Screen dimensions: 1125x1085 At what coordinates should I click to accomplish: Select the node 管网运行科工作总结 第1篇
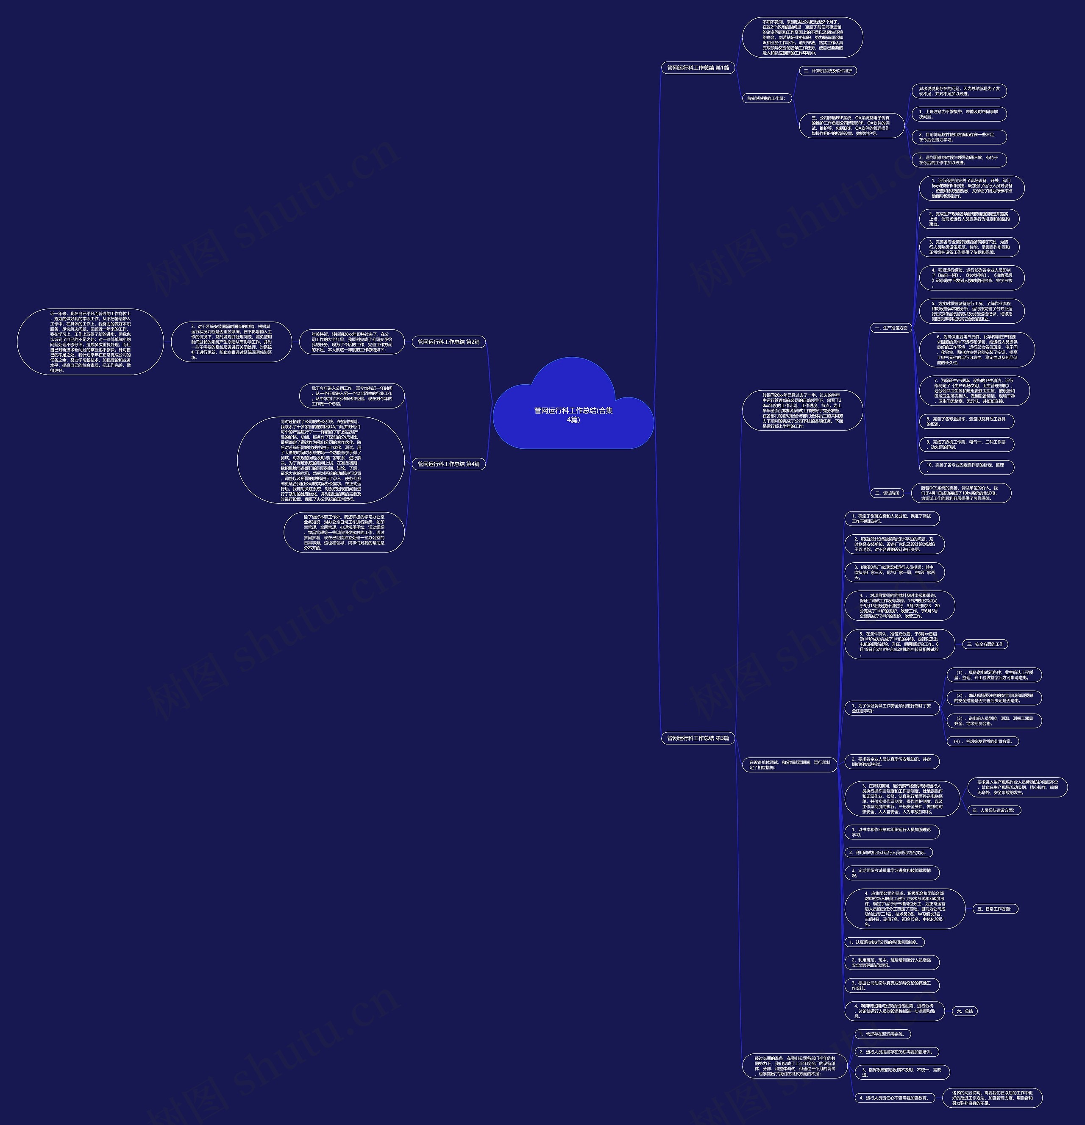(698, 68)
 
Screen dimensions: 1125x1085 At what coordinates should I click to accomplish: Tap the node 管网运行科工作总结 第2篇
(448, 342)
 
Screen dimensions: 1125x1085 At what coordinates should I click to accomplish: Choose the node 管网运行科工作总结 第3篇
(698, 738)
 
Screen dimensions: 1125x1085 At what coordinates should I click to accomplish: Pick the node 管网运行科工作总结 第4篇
(448, 464)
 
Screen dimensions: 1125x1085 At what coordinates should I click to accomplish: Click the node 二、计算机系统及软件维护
(828, 71)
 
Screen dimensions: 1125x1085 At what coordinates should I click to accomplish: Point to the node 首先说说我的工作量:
(766, 98)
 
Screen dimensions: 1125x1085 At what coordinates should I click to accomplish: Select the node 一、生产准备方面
(890, 328)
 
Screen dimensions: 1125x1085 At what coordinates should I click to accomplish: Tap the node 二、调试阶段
(887, 493)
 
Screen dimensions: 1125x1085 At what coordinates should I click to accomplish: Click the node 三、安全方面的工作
(985, 644)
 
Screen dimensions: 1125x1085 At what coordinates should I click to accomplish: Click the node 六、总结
(965, 1011)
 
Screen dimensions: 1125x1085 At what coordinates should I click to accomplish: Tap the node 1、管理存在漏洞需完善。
(882, 1034)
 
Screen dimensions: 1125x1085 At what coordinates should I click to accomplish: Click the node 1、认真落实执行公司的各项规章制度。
(884, 942)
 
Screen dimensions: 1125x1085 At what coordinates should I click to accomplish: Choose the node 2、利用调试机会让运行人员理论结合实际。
(888, 853)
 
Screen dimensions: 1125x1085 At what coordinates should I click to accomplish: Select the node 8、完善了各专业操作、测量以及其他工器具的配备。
(966, 421)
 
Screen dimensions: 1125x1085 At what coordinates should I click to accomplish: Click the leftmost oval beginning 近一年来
(90, 342)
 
